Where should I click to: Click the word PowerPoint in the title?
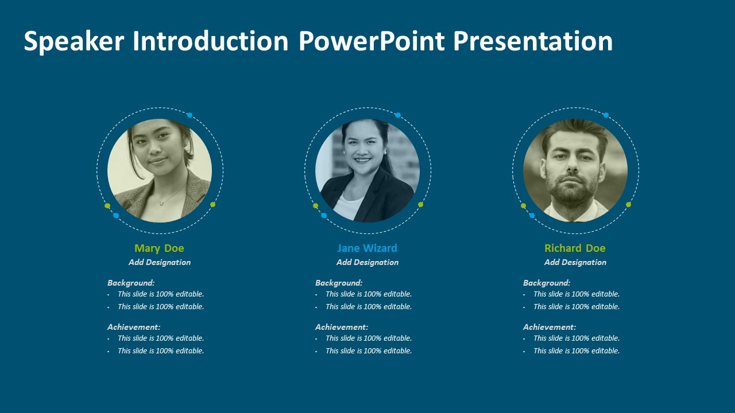[x=372, y=41]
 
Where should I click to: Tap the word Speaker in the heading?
[x=74, y=41]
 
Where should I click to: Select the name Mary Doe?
[x=159, y=248]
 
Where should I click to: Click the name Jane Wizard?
[x=367, y=248]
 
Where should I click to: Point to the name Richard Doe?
[x=575, y=248]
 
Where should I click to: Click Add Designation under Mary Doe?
[x=160, y=262]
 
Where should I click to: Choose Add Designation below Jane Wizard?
[x=367, y=262]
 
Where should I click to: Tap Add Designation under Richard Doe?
[x=575, y=262]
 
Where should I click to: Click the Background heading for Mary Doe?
[x=131, y=283]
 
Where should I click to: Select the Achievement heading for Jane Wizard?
[x=342, y=327]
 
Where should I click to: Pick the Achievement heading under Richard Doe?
[x=550, y=327]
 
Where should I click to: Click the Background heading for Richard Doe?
[x=547, y=283]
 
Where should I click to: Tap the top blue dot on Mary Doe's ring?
[x=189, y=115]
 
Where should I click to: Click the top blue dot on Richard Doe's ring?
[x=606, y=115]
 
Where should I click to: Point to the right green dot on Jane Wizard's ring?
[x=421, y=205]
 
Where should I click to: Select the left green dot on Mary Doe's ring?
[x=107, y=206]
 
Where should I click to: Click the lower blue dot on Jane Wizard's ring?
[x=324, y=215]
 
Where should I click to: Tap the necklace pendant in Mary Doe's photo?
[x=161, y=204]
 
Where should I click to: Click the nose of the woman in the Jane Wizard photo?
[x=362, y=151]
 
